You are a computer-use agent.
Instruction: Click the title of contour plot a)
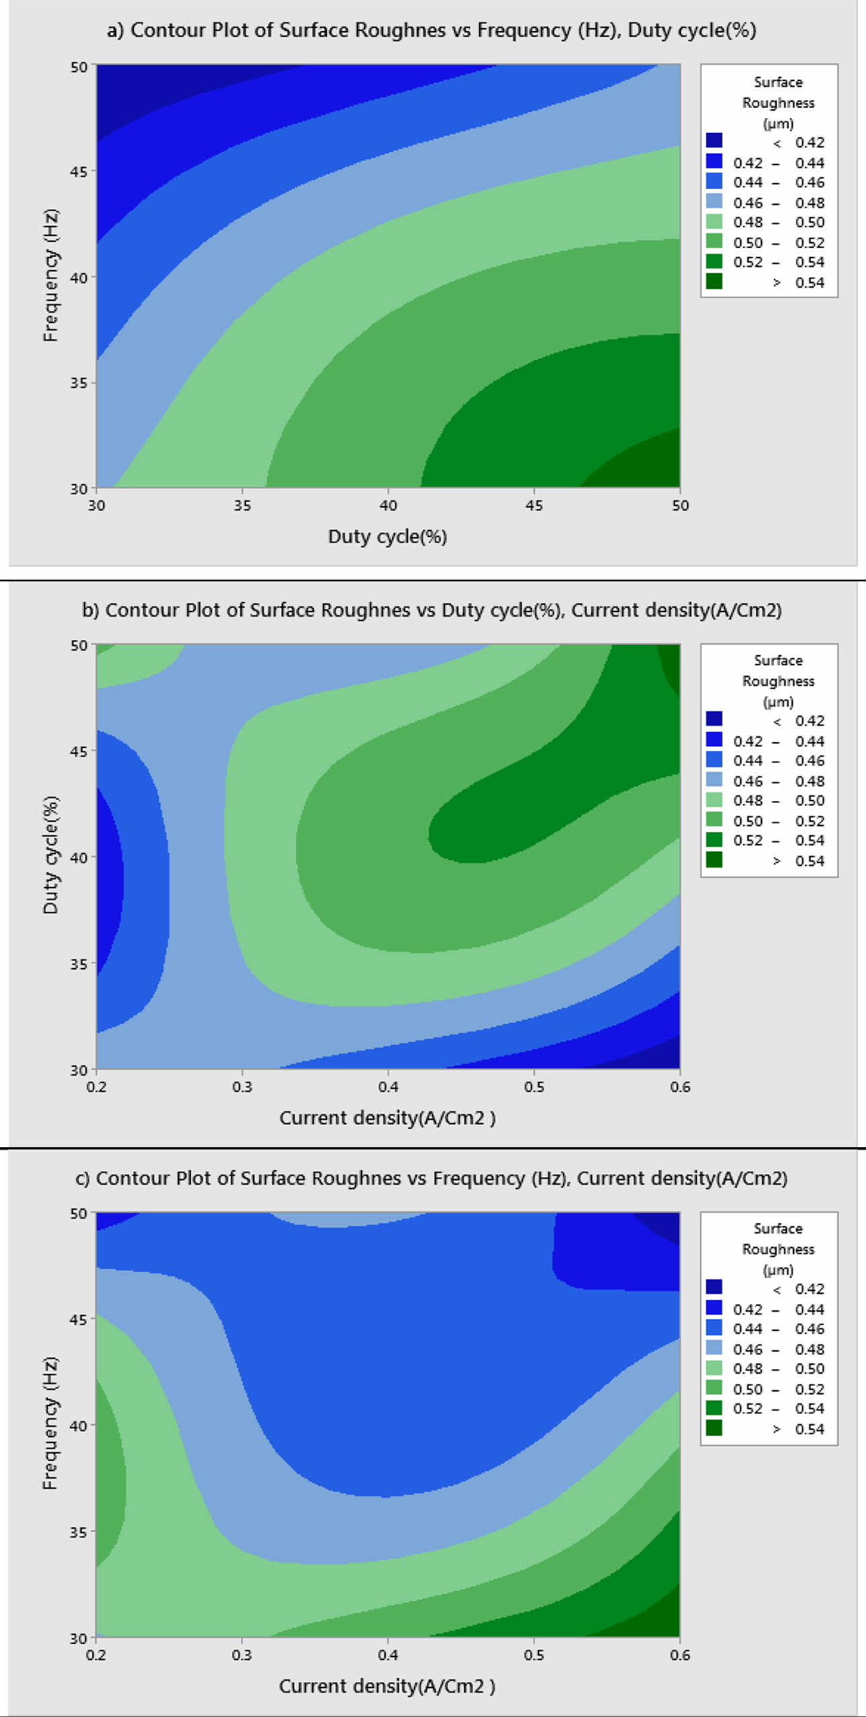(431, 31)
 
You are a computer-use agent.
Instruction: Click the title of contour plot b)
(431, 610)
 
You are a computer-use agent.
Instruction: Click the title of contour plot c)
(431, 1178)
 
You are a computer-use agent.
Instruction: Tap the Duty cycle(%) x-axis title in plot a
(387, 536)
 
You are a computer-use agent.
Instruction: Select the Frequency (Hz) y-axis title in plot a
(50, 276)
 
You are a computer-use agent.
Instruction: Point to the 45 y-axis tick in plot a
(78, 172)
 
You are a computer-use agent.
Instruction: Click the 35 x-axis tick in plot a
(242, 506)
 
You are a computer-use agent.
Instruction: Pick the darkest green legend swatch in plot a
(714, 282)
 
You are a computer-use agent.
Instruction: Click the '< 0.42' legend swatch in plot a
(714, 141)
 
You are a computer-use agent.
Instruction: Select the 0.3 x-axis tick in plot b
(242, 1086)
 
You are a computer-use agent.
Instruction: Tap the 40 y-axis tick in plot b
(78, 857)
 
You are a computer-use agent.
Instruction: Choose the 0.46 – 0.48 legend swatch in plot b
(714, 780)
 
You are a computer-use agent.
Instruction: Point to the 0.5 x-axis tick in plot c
(534, 1655)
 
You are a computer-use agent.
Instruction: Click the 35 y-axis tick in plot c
(78, 1532)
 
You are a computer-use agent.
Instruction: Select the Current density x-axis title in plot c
(387, 1685)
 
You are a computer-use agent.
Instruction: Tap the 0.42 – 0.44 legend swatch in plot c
(714, 1308)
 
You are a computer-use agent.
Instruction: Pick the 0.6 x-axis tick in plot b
(680, 1086)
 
